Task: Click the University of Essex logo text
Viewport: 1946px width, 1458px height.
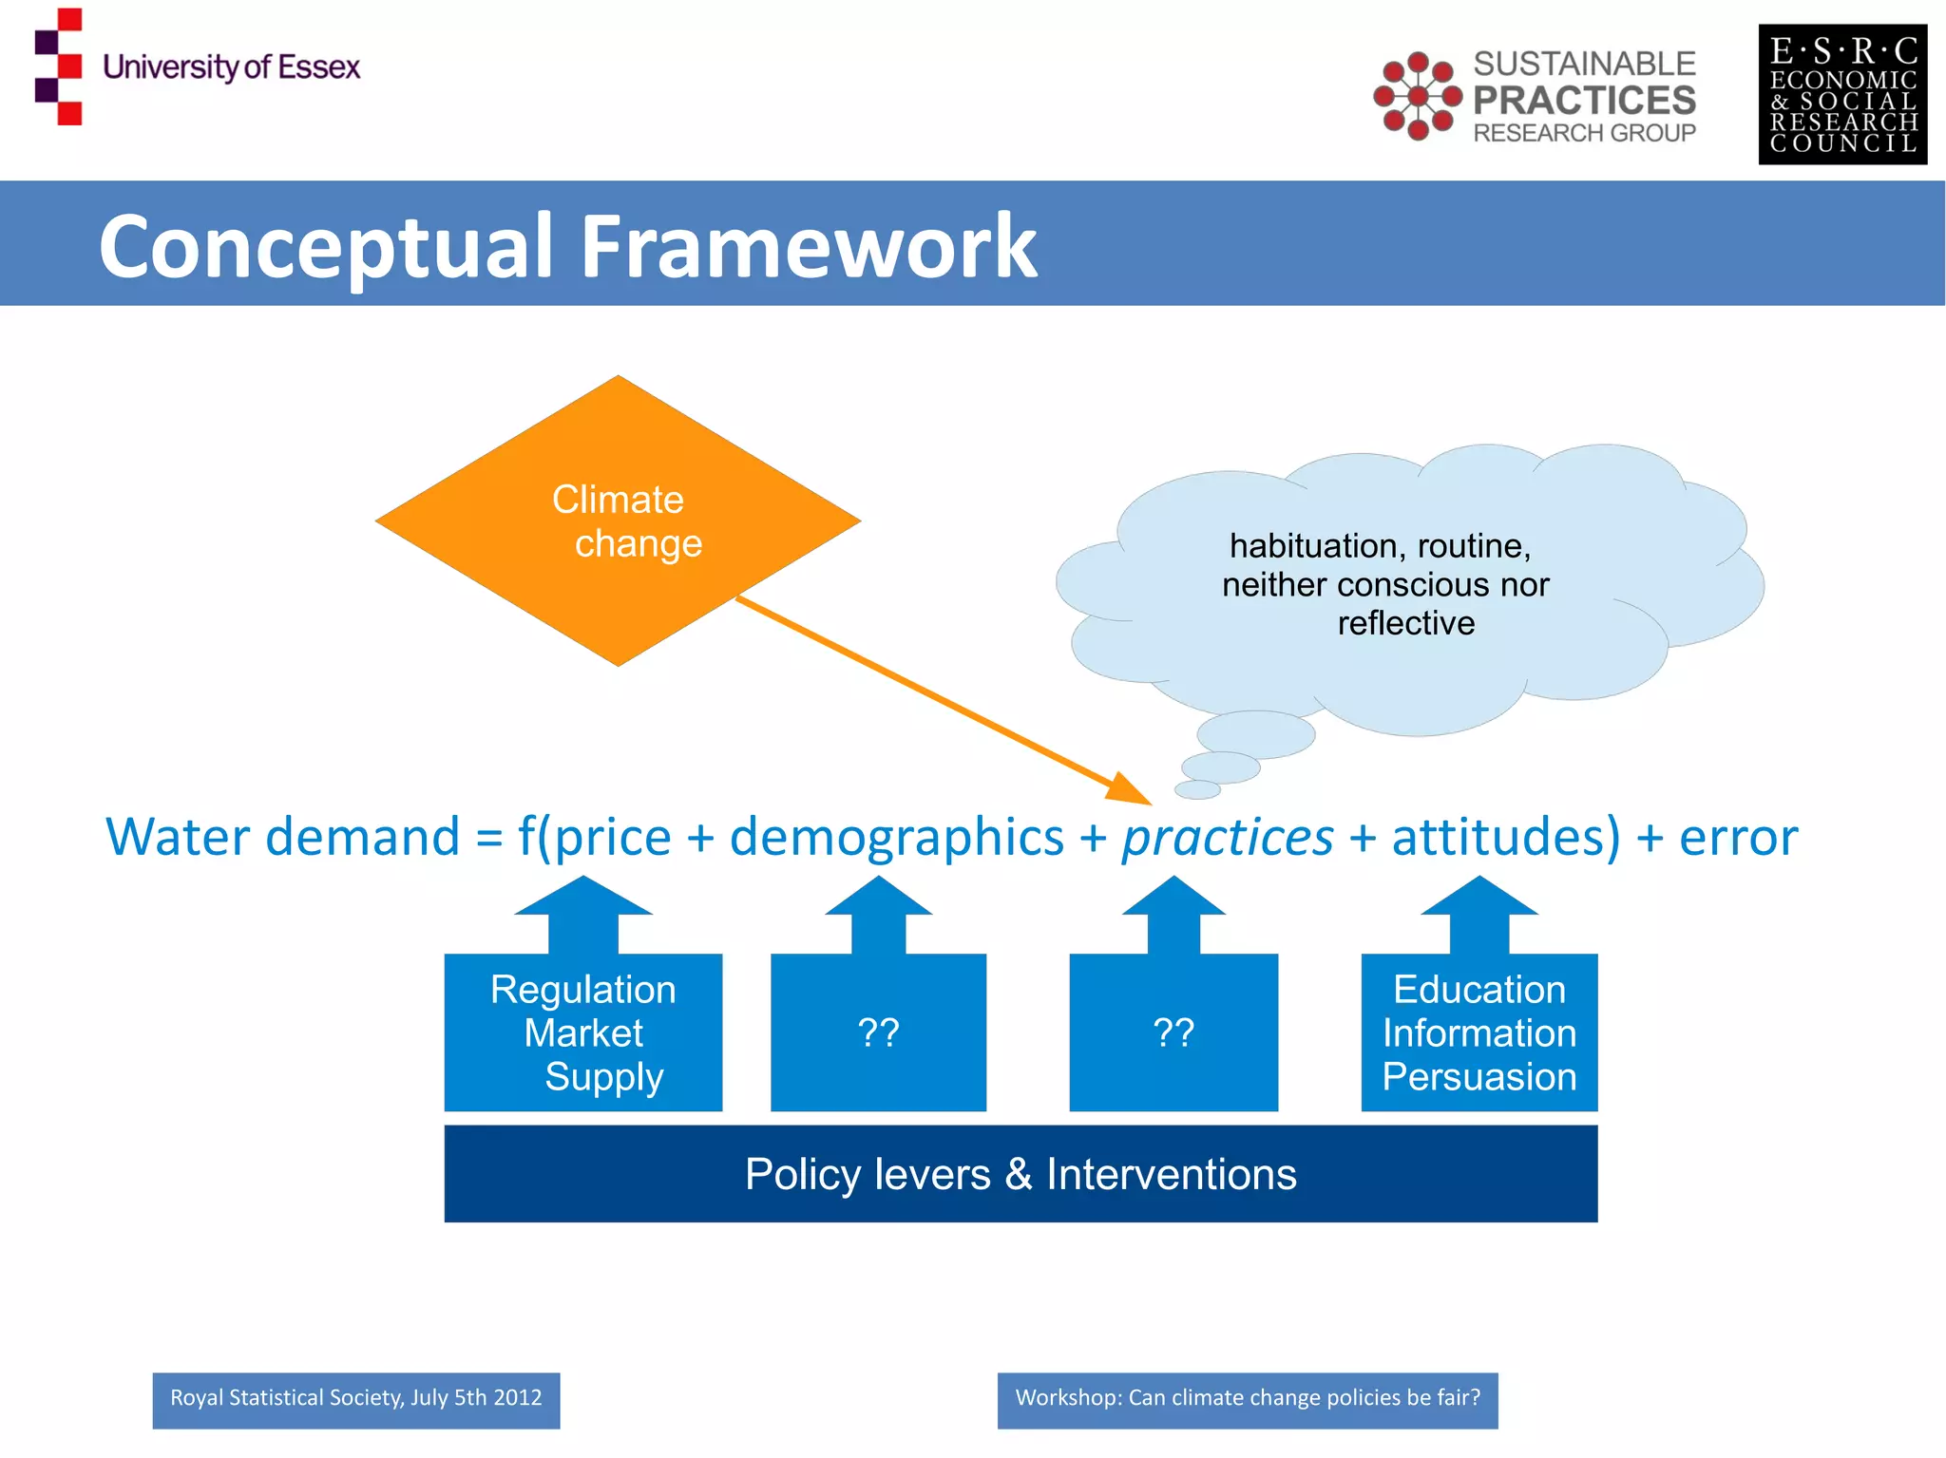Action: click(x=231, y=67)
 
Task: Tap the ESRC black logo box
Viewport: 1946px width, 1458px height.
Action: click(x=1841, y=95)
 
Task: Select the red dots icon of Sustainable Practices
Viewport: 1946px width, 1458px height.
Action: click(x=1417, y=96)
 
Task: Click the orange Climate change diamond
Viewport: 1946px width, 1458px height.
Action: click(x=618, y=521)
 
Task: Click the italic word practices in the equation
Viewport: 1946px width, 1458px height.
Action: click(x=1228, y=838)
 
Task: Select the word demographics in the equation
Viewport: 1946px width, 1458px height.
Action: click(x=896, y=838)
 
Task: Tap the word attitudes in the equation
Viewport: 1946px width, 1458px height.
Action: click(x=1505, y=838)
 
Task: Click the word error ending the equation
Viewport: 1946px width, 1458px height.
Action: click(x=1738, y=838)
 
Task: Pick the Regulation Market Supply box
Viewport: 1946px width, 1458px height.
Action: click(x=582, y=1032)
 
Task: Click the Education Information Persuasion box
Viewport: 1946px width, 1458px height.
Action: click(x=1479, y=1032)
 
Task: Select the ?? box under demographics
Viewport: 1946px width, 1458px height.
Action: click(x=878, y=1032)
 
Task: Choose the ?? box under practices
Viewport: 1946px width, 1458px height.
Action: click(x=1173, y=1032)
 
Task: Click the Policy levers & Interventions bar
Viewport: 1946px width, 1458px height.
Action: click(x=1021, y=1174)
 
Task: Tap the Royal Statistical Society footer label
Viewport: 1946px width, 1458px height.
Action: click(x=355, y=1399)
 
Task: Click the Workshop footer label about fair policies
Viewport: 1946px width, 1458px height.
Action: click(x=1247, y=1399)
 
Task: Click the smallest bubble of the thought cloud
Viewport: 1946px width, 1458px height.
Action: click(x=1197, y=789)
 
